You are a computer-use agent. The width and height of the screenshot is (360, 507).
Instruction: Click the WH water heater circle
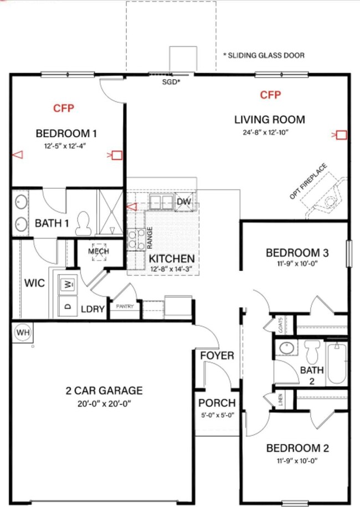[x=22, y=332]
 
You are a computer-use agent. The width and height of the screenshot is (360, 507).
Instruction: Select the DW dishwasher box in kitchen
[x=183, y=202]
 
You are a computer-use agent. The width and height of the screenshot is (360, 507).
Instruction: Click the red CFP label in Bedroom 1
[x=64, y=108]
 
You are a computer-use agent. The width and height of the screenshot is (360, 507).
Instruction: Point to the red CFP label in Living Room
[x=270, y=95]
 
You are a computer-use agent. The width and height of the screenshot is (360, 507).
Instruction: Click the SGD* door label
[x=171, y=81]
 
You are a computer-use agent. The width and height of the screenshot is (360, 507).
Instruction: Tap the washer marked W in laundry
[x=68, y=284]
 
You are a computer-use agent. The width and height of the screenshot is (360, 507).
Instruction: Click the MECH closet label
[x=99, y=251]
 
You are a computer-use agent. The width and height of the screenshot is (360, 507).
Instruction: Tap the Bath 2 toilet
[x=311, y=350]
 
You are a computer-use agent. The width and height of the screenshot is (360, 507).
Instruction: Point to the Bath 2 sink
[x=286, y=349]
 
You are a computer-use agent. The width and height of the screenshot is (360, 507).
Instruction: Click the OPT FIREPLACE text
[x=308, y=182]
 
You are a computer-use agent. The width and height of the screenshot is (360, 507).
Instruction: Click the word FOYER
[x=217, y=355]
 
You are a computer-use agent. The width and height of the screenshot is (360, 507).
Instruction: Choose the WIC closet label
[x=34, y=283]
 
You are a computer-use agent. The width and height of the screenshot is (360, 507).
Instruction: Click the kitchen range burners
[x=133, y=239]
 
